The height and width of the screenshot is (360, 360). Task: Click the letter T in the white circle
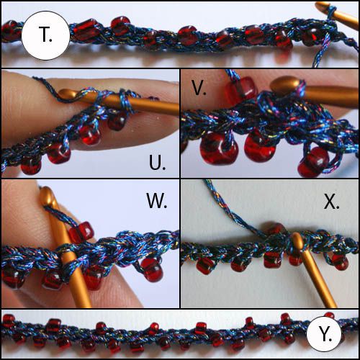tap(45, 35)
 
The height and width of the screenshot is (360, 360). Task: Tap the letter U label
tap(157, 162)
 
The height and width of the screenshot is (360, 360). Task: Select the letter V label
tap(199, 88)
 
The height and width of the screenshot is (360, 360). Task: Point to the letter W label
tap(156, 201)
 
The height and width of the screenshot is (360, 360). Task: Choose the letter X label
tap(331, 202)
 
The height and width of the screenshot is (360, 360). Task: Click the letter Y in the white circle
tap(325, 334)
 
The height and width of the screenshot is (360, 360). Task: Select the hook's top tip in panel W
tap(45, 192)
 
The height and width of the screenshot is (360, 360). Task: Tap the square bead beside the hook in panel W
tap(81, 233)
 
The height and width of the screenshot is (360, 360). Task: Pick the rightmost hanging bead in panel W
tap(152, 269)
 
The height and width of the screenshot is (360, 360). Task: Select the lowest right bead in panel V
tap(314, 161)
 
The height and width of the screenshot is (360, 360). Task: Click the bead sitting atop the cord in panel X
tap(276, 228)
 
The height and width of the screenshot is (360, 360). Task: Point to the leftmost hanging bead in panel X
tap(204, 266)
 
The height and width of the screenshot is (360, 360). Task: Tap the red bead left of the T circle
tap(11, 31)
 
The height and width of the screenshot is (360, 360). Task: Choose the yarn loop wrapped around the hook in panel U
tap(125, 101)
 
